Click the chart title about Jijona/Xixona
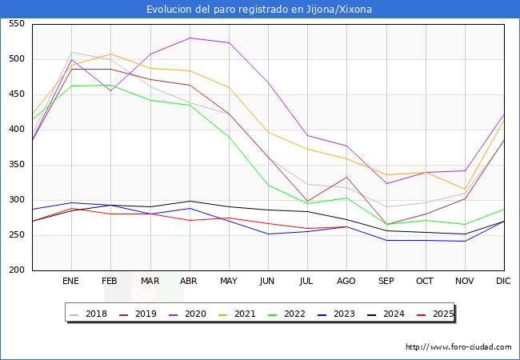pyautogui.click(x=259, y=10)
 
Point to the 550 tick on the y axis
pyautogui.click(x=16, y=24)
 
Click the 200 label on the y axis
pyautogui.click(x=16, y=270)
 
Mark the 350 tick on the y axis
pyautogui.click(x=16, y=165)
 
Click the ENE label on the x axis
pyautogui.click(x=71, y=282)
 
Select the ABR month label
pyautogui.click(x=190, y=282)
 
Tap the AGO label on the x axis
pyautogui.click(x=346, y=282)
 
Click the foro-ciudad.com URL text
pyautogui.click(x=458, y=347)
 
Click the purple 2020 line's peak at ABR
pyautogui.click(x=190, y=38)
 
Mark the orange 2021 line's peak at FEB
pyautogui.click(x=110, y=54)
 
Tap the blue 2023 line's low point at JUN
pyautogui.click(x=268, y=234)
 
